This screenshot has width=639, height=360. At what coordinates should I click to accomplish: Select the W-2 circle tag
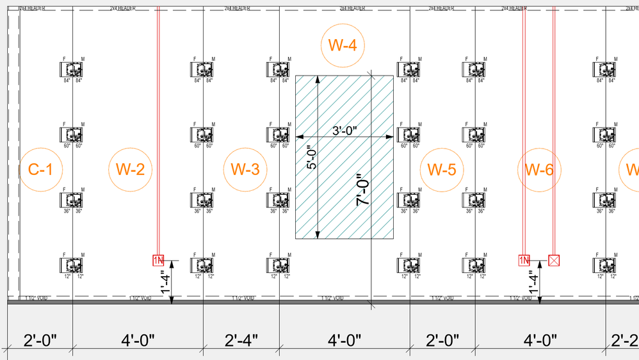[131, 170]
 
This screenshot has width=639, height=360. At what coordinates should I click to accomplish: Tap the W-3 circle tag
[245, 170]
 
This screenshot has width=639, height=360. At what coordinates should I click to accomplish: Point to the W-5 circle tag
[441, 170]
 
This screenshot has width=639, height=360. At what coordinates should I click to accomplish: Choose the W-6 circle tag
[539, 170]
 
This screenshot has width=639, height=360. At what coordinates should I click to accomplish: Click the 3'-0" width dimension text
[344, 130]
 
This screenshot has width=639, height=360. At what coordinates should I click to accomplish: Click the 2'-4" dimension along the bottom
[241, 340]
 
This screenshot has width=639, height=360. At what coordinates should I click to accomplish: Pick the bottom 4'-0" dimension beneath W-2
[138, 340]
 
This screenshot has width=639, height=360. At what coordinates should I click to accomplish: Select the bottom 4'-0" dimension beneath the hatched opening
[344, 340]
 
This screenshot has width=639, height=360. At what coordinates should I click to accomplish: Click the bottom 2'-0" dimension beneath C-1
[40, 340]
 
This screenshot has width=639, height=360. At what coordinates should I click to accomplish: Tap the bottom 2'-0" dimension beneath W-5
[442, 340]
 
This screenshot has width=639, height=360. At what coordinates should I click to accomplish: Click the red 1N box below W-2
[158, 260]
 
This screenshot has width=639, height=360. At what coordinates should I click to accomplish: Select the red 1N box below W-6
[524, 260]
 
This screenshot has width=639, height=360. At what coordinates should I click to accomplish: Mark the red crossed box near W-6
[554, 260]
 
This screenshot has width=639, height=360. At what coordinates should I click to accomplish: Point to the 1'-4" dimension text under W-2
[166, 282]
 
